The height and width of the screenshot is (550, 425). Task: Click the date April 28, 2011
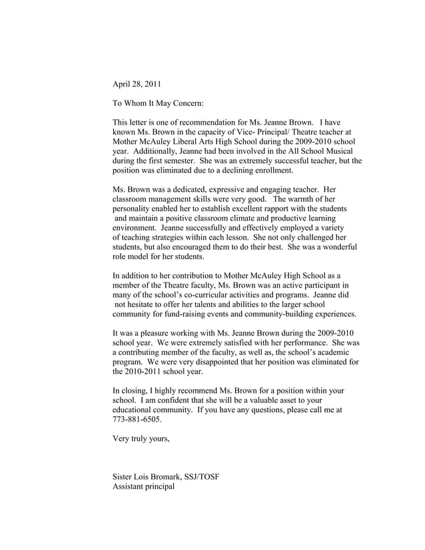tap(137, 84)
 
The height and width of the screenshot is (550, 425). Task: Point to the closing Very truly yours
tap(141, 439)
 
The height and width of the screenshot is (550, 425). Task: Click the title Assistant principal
tap(144, 487)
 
